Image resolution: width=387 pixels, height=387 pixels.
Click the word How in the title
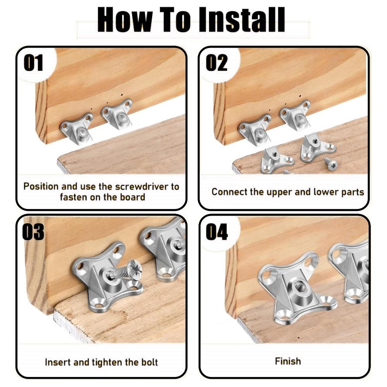pos(125,20)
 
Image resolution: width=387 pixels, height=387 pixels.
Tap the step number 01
pos(33,63)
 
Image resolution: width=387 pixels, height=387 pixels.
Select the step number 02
pos(216,63)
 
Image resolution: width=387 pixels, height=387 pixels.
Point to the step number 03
pos(33,232)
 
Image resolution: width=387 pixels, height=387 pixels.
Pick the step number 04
pos(217,232)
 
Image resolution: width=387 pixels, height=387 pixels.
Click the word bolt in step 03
pos(149,362)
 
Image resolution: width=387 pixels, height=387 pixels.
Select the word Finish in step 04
pos(288,361)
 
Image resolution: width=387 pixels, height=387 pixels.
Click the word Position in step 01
pos(41,186)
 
